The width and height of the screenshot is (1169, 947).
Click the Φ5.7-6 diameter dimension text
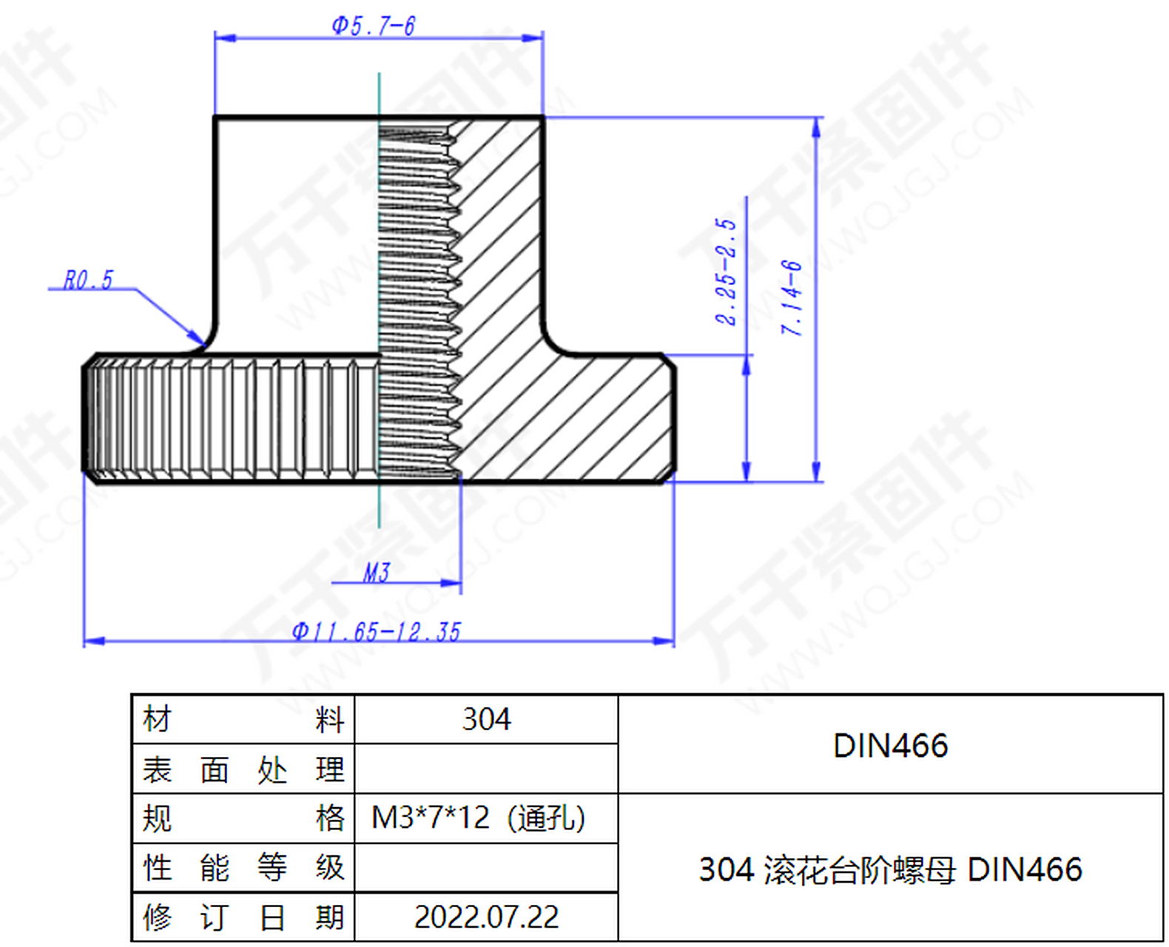point(374,26)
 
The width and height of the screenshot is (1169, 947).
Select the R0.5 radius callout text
point(88,280)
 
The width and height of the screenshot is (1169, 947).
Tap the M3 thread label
point(376,572)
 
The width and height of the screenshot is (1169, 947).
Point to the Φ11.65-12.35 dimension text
point(376,632)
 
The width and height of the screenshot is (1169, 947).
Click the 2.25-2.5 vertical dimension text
point(727,272)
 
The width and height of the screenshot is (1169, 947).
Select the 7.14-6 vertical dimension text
point(792,297)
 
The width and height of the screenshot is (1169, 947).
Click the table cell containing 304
point(486,719)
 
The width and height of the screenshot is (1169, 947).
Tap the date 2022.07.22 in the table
point(486,917)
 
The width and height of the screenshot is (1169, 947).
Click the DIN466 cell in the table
point(890,745)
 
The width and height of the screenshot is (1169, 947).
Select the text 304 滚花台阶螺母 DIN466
point(890,869)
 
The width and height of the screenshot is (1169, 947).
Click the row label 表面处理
point(243,769)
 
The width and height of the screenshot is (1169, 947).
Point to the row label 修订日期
point(243,917)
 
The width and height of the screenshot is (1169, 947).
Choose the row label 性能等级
point(243,868)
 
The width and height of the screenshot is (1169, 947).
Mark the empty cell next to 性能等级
point(486,868)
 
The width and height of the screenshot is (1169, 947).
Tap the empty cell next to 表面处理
point(486,769)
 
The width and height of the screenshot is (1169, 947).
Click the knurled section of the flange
point(229,418)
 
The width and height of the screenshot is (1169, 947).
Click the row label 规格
point(243,818)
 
